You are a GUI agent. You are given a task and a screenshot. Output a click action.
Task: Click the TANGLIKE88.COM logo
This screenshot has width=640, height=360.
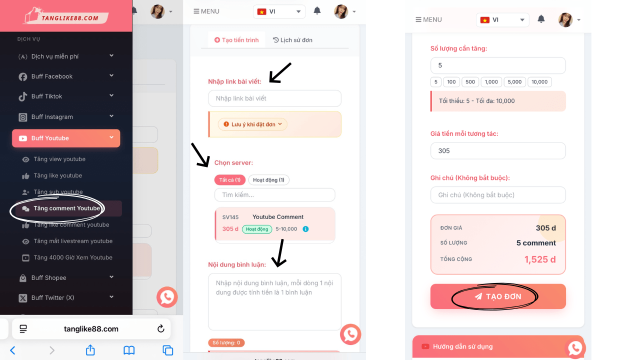click(x=66, y=15)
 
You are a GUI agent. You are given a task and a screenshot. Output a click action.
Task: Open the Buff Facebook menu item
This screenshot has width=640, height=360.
click(x=66, y=76)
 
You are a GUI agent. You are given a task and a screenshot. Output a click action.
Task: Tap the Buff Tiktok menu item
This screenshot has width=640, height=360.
click(x=66, y=96)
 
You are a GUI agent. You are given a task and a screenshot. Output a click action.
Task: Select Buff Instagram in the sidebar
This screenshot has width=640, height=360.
click(x=66, y=117)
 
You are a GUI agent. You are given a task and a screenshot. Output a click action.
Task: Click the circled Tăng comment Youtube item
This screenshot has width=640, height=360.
click(x=66, y=208)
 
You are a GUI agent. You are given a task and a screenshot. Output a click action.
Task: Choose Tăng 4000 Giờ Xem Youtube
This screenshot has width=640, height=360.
click(x=73, y=257)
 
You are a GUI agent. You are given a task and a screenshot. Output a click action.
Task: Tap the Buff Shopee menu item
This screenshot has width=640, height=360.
click(x=66, y=277)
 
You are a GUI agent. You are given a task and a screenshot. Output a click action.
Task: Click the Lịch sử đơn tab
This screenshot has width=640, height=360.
click(x=292, y=40)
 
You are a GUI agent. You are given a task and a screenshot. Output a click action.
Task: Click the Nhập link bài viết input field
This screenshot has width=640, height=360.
click(x=274, y=98)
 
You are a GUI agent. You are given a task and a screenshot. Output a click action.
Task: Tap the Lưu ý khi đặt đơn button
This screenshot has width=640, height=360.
click(x=252, y=124)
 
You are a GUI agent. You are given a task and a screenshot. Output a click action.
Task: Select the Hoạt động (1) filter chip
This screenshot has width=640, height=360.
click(x=268, y=179)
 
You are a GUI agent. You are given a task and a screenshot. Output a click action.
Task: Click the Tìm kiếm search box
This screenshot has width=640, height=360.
click(x=274, y=195)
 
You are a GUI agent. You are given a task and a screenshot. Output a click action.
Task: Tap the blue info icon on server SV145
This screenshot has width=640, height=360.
click(x=305, y=229)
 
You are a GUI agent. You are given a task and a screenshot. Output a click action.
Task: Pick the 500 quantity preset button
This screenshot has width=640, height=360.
click(x=470, y=82)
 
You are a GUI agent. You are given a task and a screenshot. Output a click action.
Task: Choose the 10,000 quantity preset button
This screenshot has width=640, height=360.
click(x=539, y=82)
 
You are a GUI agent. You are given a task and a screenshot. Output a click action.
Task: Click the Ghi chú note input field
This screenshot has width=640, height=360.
click(x=498, y=195)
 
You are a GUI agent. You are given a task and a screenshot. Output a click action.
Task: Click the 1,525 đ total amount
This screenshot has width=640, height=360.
click(x=540, y=259)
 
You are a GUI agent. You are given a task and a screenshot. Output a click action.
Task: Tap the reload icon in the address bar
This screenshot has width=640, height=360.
click(x=161, y=328)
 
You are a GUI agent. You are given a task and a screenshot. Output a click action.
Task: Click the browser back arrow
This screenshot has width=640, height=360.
click(x=13, y=350)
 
